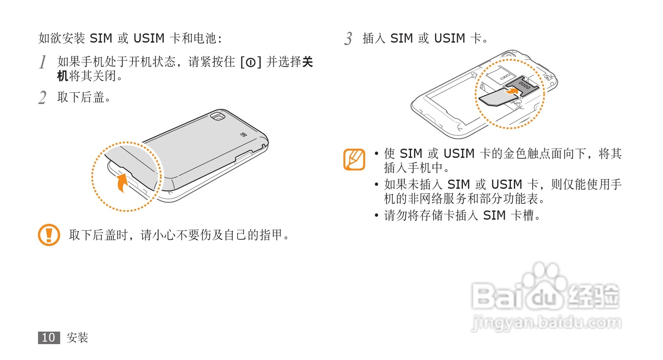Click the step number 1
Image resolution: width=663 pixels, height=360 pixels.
point(43,62)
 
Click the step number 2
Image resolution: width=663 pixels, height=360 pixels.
point(42,98)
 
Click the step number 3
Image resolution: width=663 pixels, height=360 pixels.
point(348,39)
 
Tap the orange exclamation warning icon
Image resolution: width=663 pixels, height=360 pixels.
point(49,235)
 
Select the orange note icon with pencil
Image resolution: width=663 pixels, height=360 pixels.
point(354,160)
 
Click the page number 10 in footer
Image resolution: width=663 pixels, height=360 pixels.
point(48,337)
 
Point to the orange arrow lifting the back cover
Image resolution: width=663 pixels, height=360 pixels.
point(122,183)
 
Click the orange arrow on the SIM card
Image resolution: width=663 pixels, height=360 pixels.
point(513,89)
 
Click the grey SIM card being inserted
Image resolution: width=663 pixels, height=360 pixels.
point(495,99)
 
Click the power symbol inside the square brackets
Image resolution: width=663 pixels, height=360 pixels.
point(250,63)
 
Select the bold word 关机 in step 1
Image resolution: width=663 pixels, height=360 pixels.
point(63,76)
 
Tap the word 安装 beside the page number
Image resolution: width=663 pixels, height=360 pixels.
point(78,337)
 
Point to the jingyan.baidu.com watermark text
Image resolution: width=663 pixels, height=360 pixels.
point(546,323)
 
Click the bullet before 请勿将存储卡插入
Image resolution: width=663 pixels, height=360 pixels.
point(377,216)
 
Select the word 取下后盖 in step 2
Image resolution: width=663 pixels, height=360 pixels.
point(81,97)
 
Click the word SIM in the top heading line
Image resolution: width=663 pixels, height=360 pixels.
point(101,38)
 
